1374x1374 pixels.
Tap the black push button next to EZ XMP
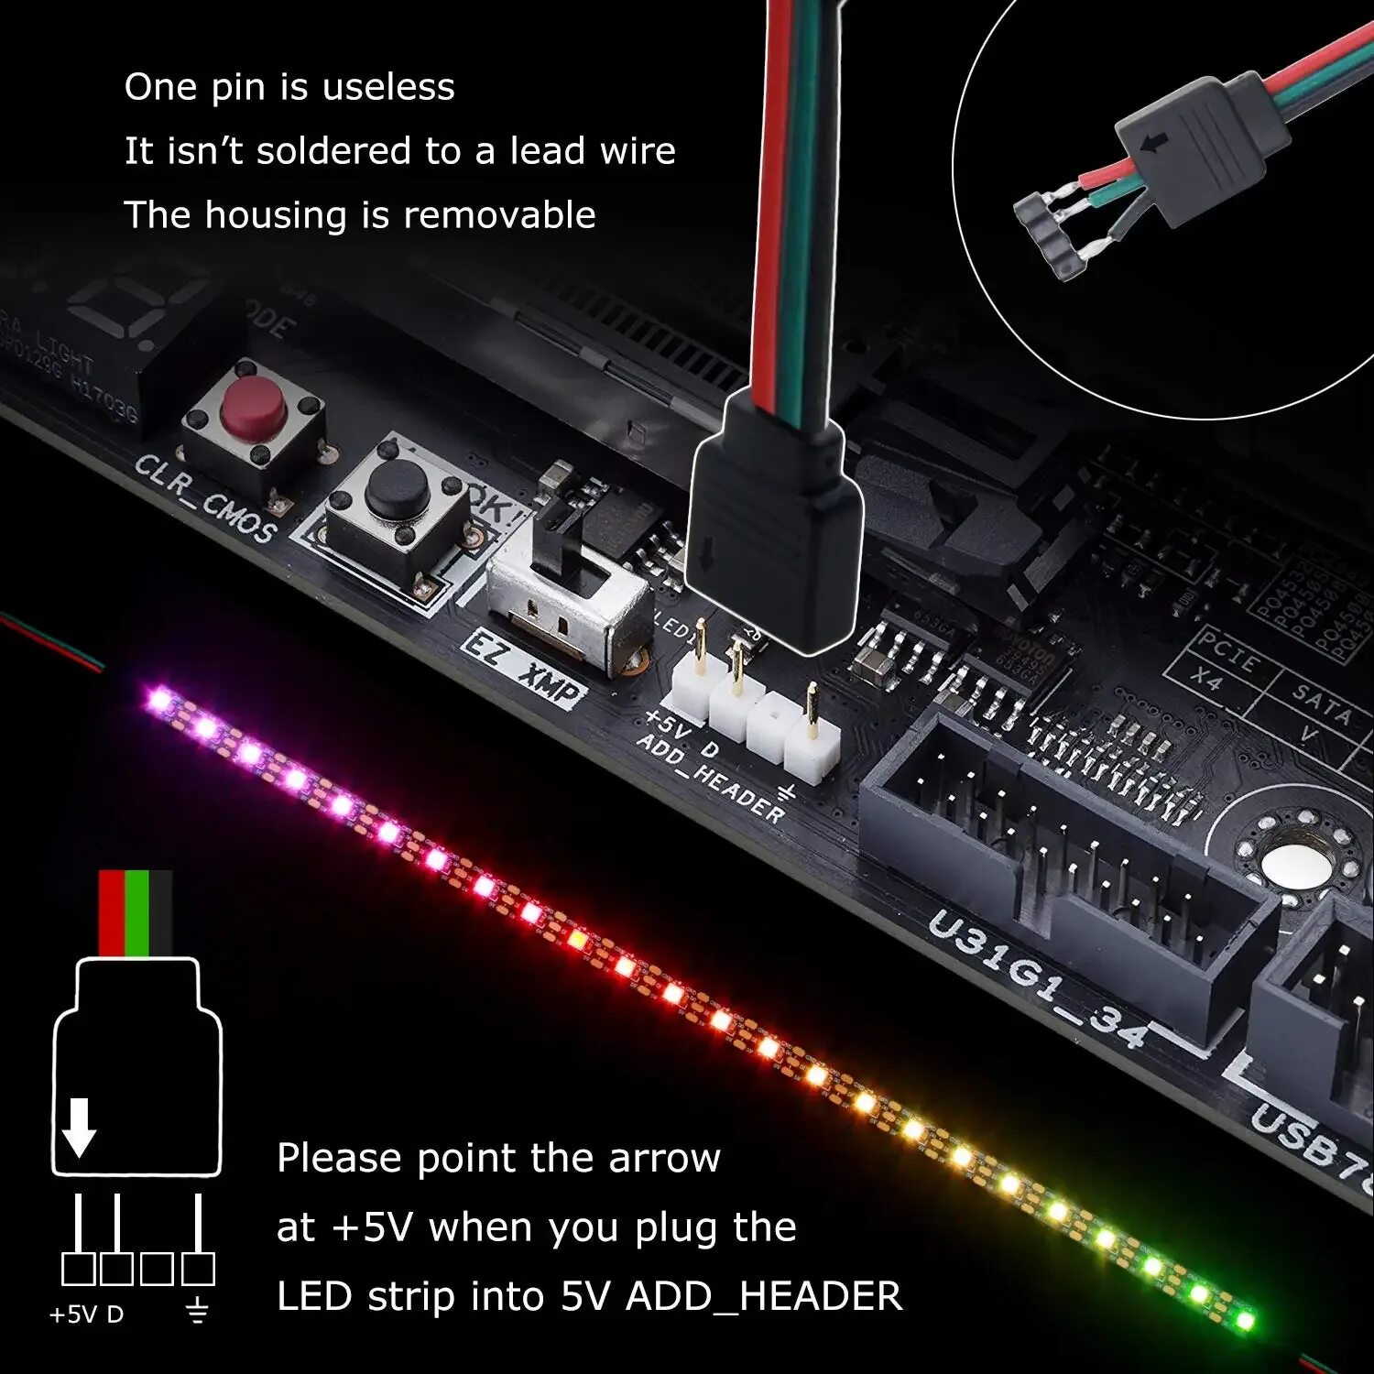pos(398,490)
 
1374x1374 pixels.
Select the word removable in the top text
pos(499,215)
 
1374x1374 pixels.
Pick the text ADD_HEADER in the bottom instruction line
pos(764,1296)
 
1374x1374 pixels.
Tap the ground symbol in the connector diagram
pos(197,1314)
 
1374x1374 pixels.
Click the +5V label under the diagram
pos(72,1314)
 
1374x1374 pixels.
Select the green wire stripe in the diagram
pos(136,912)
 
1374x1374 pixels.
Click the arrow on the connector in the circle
pos(1157,143)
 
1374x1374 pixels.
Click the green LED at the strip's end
pos(1244,1320)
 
